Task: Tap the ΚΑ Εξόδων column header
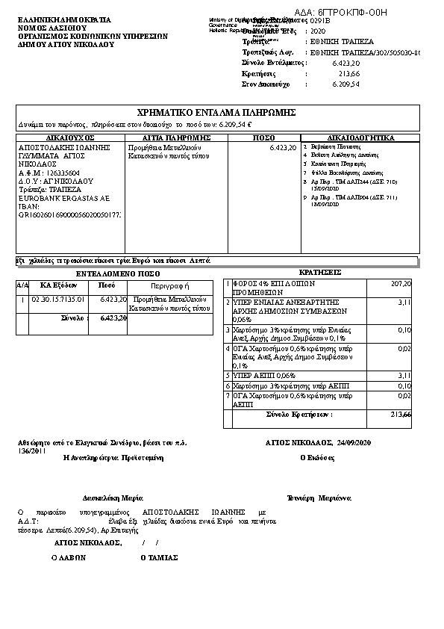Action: tap(57, 285)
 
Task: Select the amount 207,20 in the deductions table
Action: tap(401, 284)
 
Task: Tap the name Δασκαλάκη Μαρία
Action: tap(106, 497)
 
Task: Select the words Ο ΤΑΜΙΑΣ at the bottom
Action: tap(159, 557)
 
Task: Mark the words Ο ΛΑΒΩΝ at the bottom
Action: tap(69, 557)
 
